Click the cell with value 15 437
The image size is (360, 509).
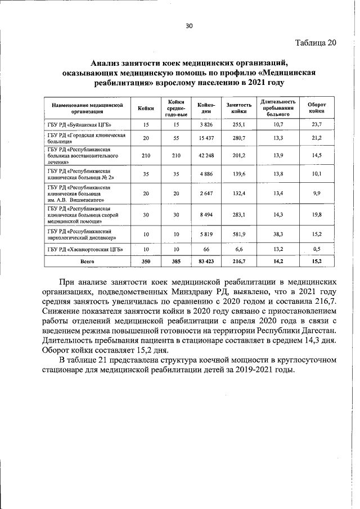[203, 138]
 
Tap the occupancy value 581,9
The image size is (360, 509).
[239, 234]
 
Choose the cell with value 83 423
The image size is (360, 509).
[203, 262]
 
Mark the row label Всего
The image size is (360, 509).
[87, 262]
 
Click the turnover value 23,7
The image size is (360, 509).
[317, 124]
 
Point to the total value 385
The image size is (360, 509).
[176, 262]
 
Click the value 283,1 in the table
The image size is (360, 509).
[239, 214]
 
